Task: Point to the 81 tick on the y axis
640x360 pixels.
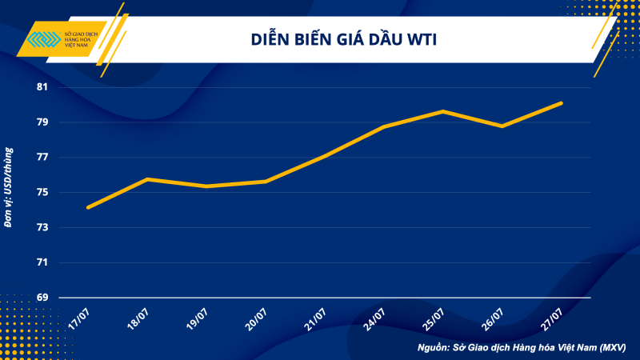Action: (42, 87)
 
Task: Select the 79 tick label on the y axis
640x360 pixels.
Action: (42, 122)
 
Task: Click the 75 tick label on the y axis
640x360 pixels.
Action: (42, 193)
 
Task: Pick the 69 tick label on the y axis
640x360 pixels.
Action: (42, 298)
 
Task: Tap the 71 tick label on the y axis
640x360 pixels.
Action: (42, 262)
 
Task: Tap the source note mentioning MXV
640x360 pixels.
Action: (521, 348)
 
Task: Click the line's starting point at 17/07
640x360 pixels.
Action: (88, 207)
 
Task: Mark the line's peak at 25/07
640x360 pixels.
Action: (443, 111)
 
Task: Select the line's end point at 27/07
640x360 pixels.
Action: (562, 103)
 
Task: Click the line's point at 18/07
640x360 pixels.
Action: (147, 179)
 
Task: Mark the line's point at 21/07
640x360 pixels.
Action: (325, 155)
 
